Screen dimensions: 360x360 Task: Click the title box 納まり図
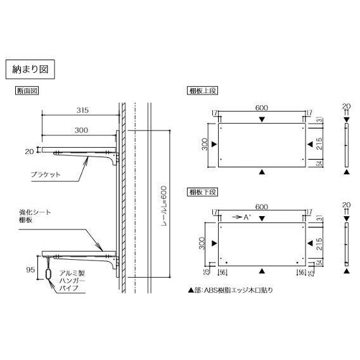[30, 69]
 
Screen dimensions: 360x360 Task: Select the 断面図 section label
[27, 91]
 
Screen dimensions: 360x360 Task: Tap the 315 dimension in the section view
[82, 110]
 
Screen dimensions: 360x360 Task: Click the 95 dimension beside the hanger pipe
[30, 269]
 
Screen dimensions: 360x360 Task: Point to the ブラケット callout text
[46, 174]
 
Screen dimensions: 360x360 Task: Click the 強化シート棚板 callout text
[35, 216]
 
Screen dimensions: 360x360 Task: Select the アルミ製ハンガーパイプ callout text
[72, 281]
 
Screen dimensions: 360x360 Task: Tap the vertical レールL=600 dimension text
[164, 207]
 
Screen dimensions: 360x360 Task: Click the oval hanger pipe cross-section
[48, 273]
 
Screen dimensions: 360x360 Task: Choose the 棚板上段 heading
[202, 91]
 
